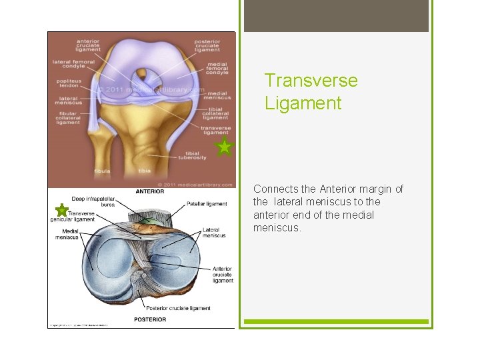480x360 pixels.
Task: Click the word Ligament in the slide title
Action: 303,103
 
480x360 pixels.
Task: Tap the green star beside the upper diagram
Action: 225,147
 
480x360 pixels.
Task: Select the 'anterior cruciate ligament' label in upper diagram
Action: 87,45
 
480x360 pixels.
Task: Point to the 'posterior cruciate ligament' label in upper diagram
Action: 207,45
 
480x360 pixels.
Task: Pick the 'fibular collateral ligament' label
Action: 68,118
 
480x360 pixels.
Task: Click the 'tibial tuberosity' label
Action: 193,155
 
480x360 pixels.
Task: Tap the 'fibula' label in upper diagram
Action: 102,171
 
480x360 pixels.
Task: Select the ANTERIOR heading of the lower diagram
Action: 151,192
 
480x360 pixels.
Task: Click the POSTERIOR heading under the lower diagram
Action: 150,319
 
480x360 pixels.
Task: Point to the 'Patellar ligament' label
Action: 207,204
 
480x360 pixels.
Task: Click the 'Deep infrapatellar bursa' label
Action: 93,201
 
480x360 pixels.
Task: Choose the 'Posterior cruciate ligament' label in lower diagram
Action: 178,308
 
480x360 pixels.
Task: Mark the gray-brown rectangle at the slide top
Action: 336,16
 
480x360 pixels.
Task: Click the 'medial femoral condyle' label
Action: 217,69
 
